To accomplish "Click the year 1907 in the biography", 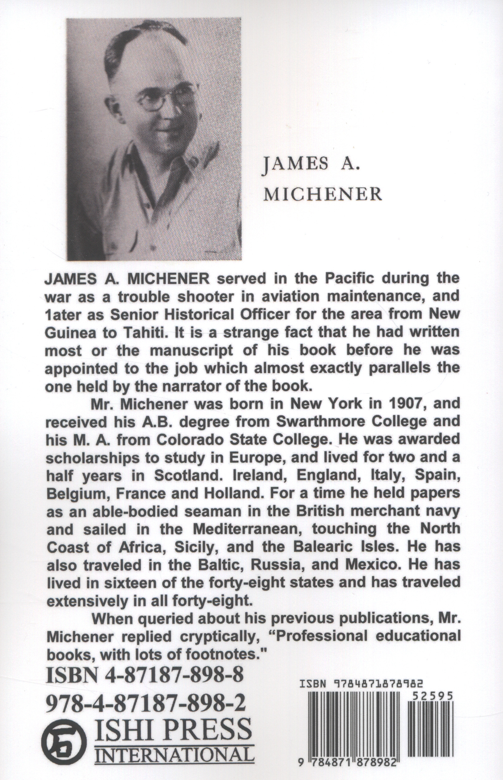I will pyautogui.click(x=415, y=404).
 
